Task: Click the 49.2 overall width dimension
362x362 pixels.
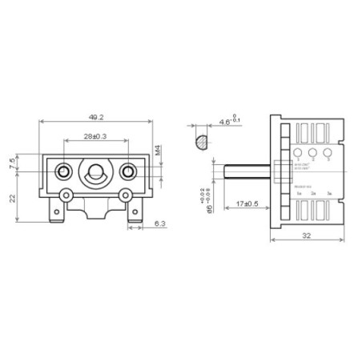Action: pyautogui.click(x=95, y=116)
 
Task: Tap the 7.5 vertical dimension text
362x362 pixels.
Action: pyautogui.click(x=10, y=163)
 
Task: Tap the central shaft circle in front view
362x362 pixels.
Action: pyautogui.click(x=95, y=171)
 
